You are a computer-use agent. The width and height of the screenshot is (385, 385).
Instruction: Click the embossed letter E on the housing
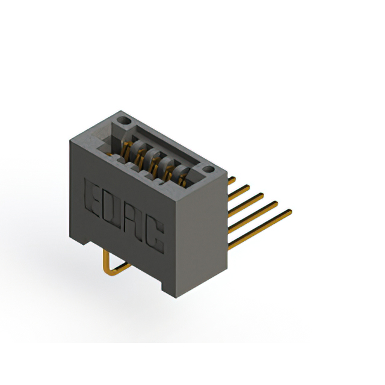pyautogui.click(x=95, y=197)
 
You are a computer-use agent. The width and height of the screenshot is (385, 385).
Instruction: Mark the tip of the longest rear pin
pyautogui.click(x=289, y=211)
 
